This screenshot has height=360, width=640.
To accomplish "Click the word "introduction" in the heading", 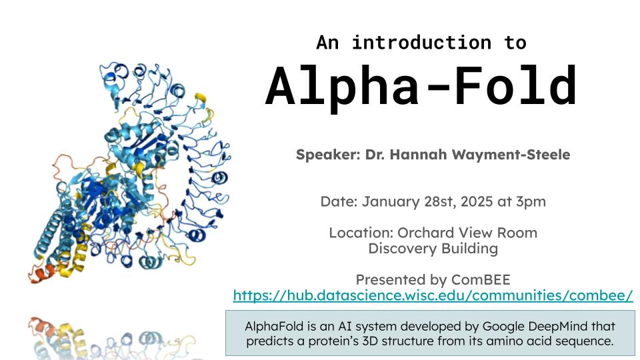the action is click(421, 43).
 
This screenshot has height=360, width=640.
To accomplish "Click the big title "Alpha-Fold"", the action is click(421, 87).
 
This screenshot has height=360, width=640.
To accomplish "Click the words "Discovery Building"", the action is click(433, 249).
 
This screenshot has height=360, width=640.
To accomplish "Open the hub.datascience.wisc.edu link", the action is click(433, 295).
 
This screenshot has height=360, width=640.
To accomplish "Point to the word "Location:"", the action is click(361, 233).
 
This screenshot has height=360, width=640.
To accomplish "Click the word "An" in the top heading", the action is click(327, 43).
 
